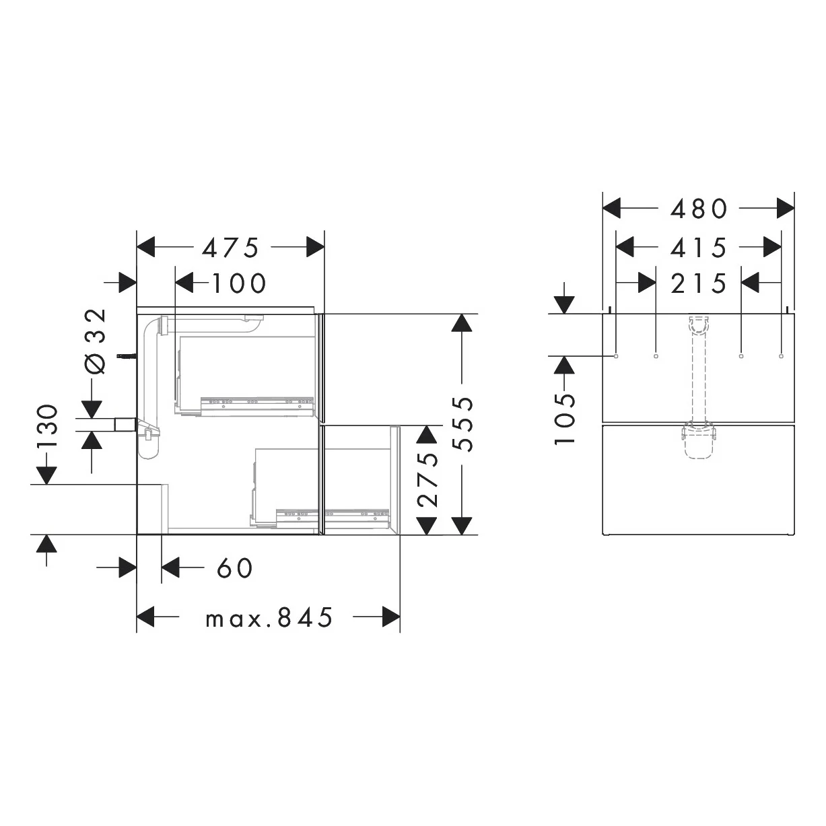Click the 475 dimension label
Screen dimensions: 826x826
pos(231,248)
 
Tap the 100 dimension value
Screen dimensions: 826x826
pos(239,283)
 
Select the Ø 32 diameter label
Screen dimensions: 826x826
pos(96,341)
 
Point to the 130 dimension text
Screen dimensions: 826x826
pos(47,425)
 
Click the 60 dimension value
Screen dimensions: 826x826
pos(235,568)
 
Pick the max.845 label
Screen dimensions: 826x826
pos(269,618)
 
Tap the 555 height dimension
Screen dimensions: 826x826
pos(463,424)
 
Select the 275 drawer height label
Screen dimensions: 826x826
pos(427,480)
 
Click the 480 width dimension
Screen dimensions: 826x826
pos(699,209)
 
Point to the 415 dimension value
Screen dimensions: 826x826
pos(699,248)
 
